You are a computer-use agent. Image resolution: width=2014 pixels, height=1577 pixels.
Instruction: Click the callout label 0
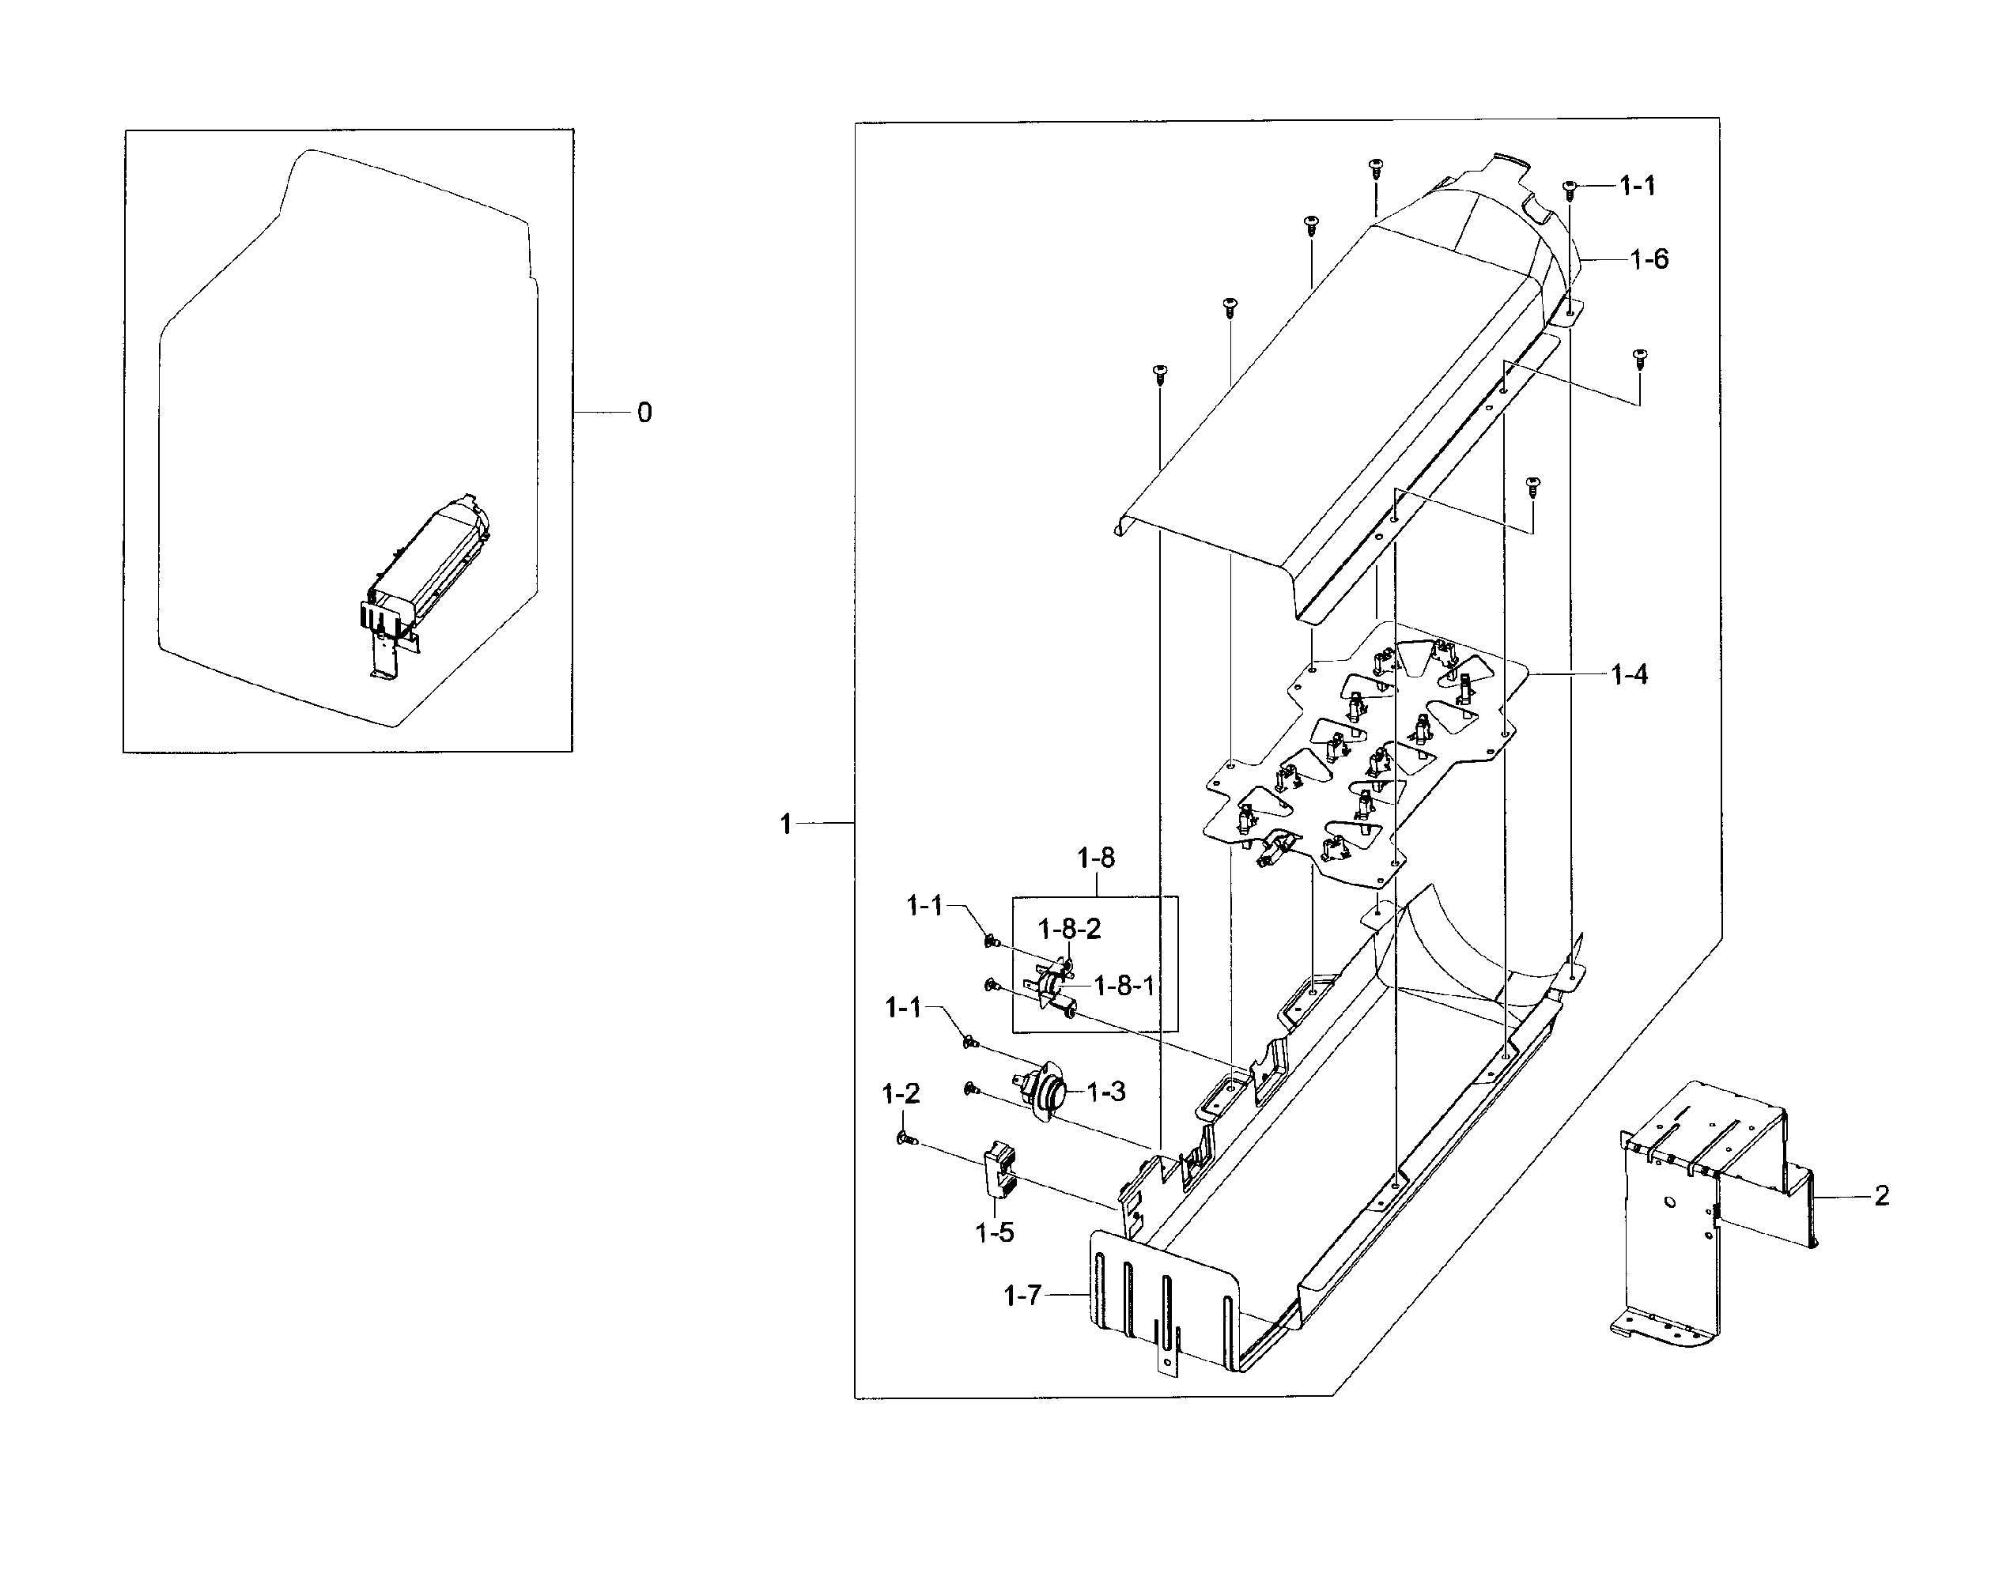644,413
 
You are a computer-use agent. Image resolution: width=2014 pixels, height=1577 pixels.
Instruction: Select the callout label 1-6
1649,259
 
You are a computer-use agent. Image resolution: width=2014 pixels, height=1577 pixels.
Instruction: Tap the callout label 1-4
1630,675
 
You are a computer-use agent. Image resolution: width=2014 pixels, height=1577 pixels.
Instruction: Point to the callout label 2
1882,1197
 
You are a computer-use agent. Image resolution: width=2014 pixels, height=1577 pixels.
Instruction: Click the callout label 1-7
1022,1296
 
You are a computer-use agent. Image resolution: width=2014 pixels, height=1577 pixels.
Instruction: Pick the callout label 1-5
995,1232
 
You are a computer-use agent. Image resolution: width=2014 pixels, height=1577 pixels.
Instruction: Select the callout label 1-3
1105,1092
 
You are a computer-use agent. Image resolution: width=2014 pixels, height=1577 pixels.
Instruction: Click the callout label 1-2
901,1094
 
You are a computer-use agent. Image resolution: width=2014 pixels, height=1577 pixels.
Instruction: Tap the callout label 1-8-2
1069,929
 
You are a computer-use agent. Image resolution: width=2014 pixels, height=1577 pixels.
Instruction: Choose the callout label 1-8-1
1124,986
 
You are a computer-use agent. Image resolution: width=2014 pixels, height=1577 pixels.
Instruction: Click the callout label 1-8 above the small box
1096,858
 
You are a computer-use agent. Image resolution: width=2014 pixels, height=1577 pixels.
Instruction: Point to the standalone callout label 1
786,824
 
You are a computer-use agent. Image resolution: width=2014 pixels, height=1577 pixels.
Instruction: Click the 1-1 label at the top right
1638,187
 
